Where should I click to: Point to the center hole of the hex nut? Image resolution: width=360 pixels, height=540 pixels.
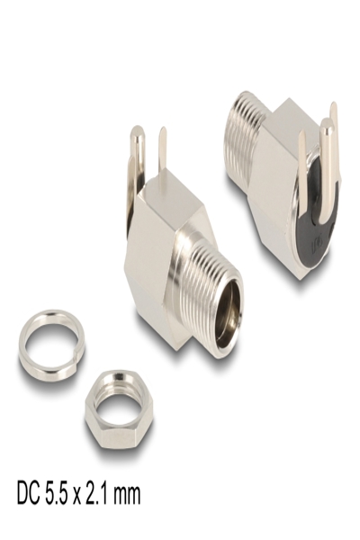point(112,409)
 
